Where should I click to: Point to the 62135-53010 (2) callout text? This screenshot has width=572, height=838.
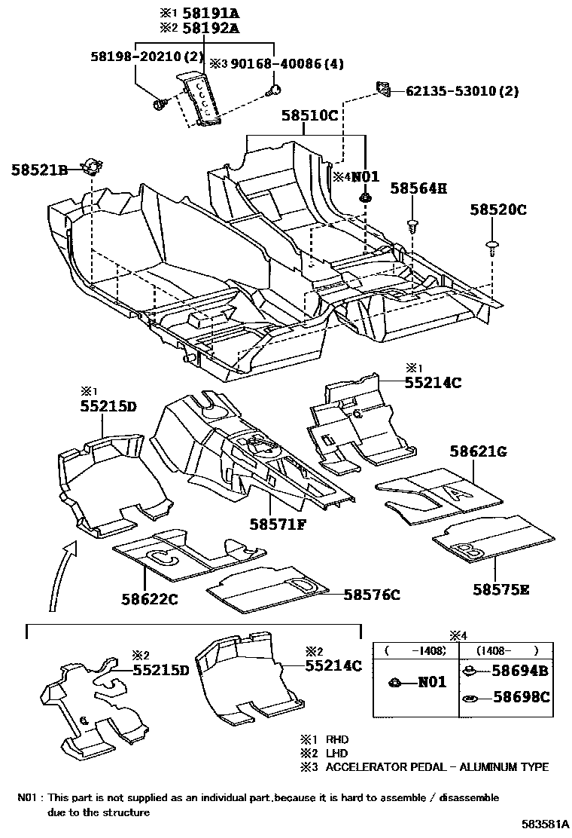coord(462,91)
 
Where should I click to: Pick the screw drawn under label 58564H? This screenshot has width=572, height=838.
coord(412,224)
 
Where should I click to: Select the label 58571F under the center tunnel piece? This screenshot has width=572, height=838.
coord(278,523)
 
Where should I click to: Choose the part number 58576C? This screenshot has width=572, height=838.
coord(372,595)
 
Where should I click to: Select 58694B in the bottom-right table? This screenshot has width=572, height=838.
coord(521,671)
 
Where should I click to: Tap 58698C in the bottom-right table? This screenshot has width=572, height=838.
coord(521,698)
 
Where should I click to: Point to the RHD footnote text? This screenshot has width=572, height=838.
coord(336,740)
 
